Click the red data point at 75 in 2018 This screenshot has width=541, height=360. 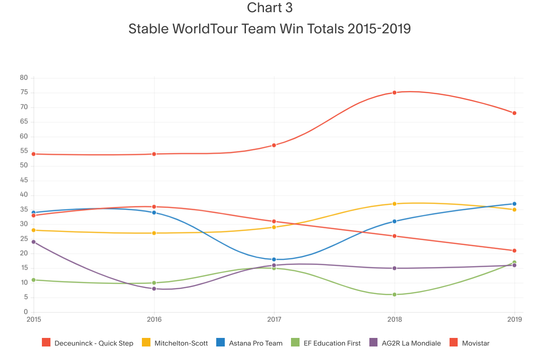(394, 92)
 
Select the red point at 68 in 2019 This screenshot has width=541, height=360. (514, 113)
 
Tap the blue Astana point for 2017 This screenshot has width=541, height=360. (274, 259)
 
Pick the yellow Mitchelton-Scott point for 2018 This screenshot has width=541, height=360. (394, 204)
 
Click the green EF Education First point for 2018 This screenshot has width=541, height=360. (394, 294)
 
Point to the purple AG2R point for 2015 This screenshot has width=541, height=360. (34, 242)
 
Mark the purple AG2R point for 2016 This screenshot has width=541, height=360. (154, 288)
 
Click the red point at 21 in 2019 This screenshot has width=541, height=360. (514, 251)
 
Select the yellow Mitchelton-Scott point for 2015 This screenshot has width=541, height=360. (34, 230)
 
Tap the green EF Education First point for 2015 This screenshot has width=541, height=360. (34, 280)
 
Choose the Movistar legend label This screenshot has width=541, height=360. (475, 343)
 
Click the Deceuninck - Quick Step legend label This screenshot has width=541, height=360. (94, 343)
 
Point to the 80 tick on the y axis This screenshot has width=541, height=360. (24, 78)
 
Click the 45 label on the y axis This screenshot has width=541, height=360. (24, 180)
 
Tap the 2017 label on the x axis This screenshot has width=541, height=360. (274, 319)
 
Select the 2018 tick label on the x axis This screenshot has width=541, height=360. (394, 319)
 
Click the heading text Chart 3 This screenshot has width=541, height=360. (270, 8)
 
